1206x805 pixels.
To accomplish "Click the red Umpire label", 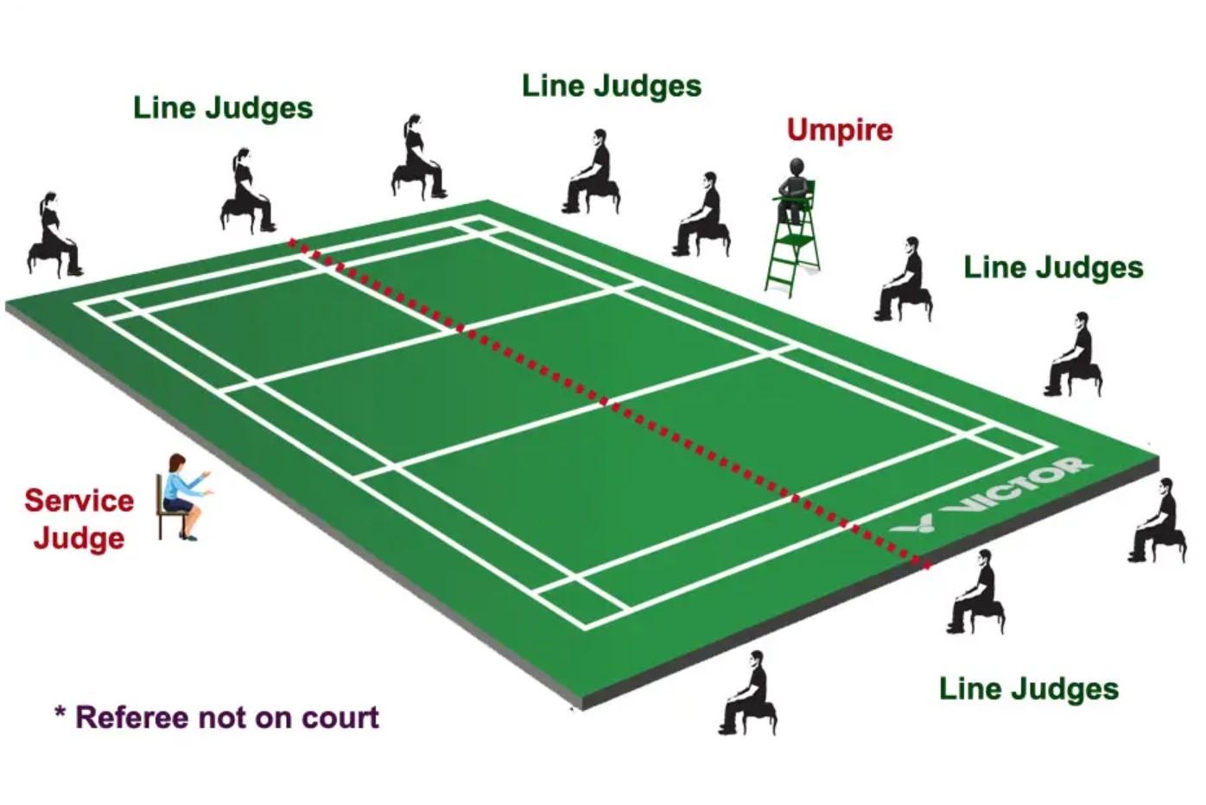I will tap(839, 130).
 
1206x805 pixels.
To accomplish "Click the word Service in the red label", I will tap(79, 500).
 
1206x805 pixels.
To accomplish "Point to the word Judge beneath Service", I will tap(79, 538).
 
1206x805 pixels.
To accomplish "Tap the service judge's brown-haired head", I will tap(177, 464).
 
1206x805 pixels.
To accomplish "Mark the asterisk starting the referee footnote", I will tap(60, 714).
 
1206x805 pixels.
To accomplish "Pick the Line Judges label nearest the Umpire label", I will tap(612, 86).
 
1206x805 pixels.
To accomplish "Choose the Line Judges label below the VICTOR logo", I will tap(1028, 688).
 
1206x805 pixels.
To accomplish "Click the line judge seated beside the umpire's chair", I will tap(703, 216).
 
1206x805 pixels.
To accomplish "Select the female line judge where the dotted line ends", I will tap(249, 190).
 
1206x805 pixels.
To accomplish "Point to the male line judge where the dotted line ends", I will tap(977, 592).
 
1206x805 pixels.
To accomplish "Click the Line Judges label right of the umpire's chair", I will tap(1053, 267).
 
